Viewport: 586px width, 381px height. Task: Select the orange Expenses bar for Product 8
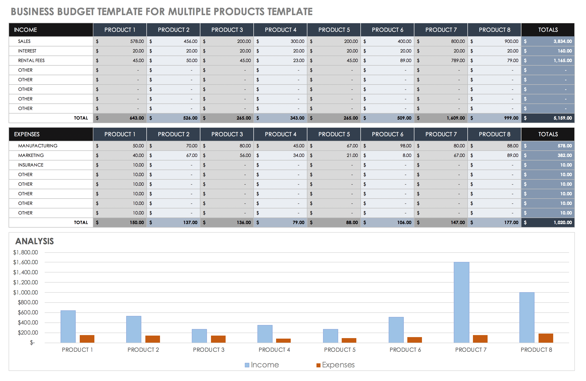[x=546, y=338]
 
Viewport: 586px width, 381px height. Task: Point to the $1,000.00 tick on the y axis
[x=25, y=292]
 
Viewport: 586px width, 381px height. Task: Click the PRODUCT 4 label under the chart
[x=274, y=350]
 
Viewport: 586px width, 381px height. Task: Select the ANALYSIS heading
[x=35, y=241]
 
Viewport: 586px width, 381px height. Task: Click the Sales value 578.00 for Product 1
[x=137, y=41]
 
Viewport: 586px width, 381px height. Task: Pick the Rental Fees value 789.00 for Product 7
[x=458, y=61]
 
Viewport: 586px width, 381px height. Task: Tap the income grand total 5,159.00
[x=563, y=118]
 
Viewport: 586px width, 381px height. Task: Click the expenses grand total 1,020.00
[x=563, y=223]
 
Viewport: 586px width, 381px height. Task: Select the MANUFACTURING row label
[x=38, y=146]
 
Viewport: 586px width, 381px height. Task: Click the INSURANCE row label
[x=31, y=165]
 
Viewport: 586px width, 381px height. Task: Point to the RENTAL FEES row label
[x=31, y=61]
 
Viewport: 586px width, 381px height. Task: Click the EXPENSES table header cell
[x=27, y=134]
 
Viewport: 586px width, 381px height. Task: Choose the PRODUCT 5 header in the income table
[x=334, y=30]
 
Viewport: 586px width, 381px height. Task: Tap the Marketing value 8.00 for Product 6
[x=407, y=155]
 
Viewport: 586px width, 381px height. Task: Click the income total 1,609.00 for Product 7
[x=456, y=118]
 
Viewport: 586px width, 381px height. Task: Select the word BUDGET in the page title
[x=76, y=12]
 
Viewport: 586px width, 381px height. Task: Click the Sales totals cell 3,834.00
[x=563, y=41]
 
